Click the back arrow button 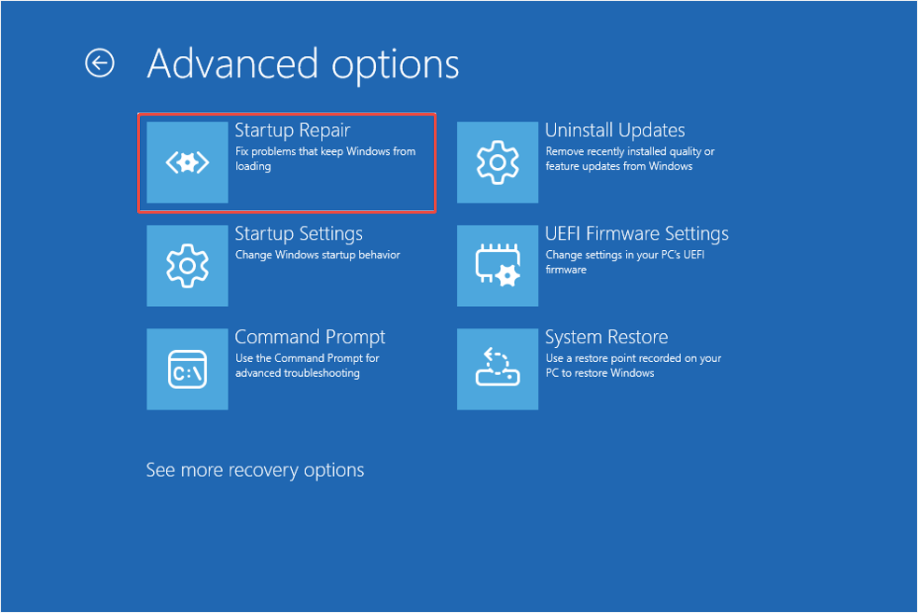100,63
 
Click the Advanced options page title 303,63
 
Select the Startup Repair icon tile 188,162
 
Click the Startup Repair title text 292,131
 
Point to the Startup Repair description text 325,159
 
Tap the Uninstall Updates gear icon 497,162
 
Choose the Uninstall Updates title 615,131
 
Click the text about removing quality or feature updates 630,159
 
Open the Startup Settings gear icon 188,266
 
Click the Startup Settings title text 299,234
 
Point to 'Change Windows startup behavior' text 317,255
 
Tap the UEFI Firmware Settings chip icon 497,266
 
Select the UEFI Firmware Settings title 636,234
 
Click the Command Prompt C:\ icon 188,369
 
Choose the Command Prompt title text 310,338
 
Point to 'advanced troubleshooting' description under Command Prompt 297,373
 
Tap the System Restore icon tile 497,369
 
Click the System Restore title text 606,338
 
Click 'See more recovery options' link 255,470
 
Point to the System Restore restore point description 633,366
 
